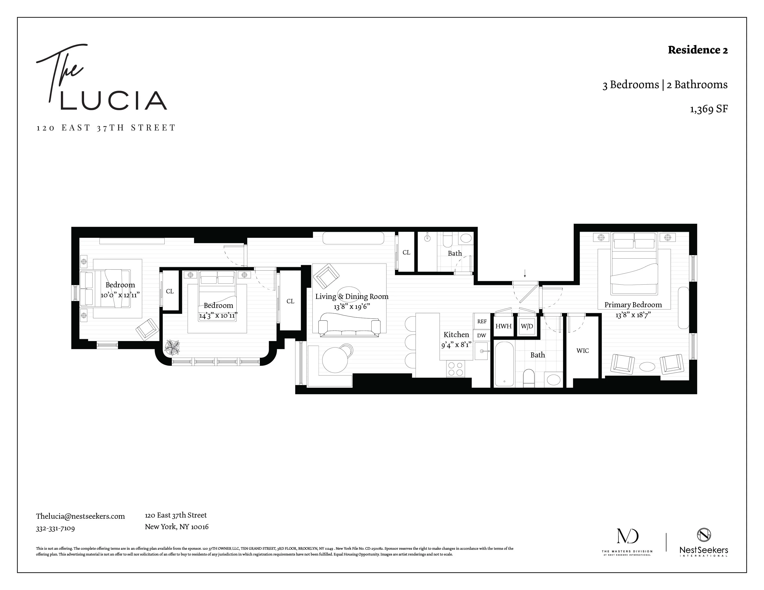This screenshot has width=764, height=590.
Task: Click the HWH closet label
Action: coord(503,326)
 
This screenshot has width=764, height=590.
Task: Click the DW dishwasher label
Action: coord(482,335)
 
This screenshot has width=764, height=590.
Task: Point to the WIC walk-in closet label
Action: coord(582,351)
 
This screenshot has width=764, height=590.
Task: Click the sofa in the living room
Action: coord(349,326)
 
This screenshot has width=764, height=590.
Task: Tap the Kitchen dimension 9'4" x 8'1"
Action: coord(456,345)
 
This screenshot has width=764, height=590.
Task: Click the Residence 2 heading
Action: coord(698,50)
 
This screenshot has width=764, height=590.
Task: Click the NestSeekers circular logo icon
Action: coord(704,534)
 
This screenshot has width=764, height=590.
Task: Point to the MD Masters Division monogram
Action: coord(627,536)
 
